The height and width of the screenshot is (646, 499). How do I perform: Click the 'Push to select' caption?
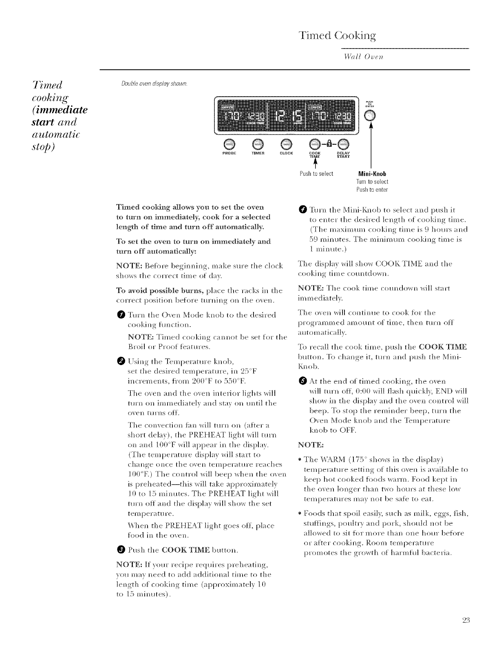click(316, 174)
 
